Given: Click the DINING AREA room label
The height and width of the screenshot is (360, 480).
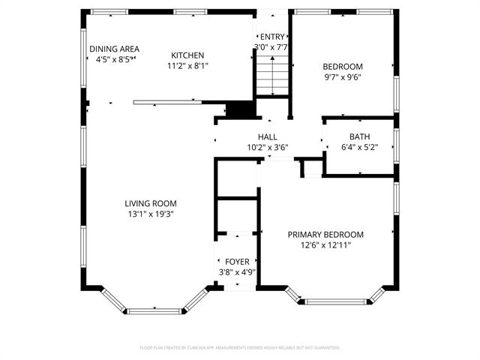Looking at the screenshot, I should pyautogui.click(x=114, y=49).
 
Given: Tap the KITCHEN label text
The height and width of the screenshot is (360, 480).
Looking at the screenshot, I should pyautogui.click(x=187, y=55).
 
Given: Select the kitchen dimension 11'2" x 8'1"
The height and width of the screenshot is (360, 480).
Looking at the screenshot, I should pyautogui.click(x=187, y=66).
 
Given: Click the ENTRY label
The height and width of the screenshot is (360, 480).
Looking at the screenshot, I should pyautogui.click(x=271, y=37).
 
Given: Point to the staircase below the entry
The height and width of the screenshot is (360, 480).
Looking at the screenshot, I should pyautogui.click(x=271, y=78).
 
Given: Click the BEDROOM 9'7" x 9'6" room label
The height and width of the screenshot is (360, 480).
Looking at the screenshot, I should pyautogui.click(x=342, y=66).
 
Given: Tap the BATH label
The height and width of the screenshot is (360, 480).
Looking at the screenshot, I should pyautogui.click(x=359, y=136).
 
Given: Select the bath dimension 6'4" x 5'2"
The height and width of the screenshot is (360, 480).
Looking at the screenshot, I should pyautogui.click(x=359, y=147).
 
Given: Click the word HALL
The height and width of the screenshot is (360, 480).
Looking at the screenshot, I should pyautogui.click(x=268, y=137).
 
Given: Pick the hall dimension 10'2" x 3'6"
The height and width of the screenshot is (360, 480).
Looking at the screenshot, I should pyautogui.click(x=268, y=148).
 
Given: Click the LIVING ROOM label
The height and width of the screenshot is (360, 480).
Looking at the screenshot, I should pyautogui.click(x=151, y=203).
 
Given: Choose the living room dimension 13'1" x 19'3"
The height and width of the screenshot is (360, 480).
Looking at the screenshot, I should pyautogui.click(x=151, y=214).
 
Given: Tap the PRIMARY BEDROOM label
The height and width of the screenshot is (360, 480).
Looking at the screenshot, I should pyautogui.click(x=325, y=235).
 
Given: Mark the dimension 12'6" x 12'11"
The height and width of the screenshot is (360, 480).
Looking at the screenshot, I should pyautogui.click(x=325, y=245).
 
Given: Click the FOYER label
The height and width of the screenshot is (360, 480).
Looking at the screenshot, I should pyautogui.click(x=237, y=262).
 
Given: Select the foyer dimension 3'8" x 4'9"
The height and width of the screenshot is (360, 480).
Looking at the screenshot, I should pyautogui.click(x=237, y=272).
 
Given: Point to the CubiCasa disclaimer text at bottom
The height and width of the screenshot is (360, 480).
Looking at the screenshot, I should pyautogui.click(x=240, y=348).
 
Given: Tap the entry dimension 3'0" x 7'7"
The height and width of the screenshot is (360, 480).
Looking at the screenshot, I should pyautogui.click(x=271, y=47).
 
